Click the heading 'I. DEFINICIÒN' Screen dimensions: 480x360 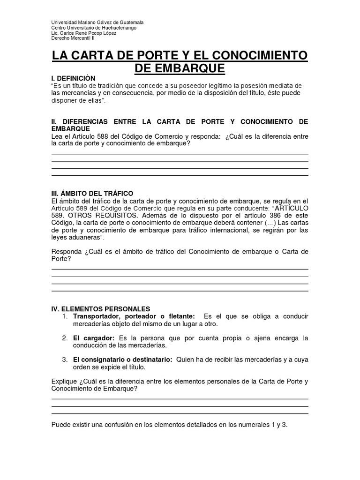[73, 78]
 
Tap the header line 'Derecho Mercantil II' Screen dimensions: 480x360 [73, 38]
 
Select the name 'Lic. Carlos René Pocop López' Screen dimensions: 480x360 [83, 33]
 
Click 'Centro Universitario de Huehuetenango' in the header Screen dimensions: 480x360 [94, 28]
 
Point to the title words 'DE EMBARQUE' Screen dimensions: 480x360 [180, 68]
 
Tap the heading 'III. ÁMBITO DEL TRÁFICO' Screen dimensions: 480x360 [92, 194]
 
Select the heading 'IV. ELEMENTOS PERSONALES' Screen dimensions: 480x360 [100, 309]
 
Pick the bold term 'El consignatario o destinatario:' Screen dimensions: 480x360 [123, 360]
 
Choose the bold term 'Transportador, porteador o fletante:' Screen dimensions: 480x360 [134, 317]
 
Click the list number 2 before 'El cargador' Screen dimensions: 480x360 [65, 338]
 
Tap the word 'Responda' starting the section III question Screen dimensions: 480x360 [67, 252]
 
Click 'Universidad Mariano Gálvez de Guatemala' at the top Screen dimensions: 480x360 [97, 23]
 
